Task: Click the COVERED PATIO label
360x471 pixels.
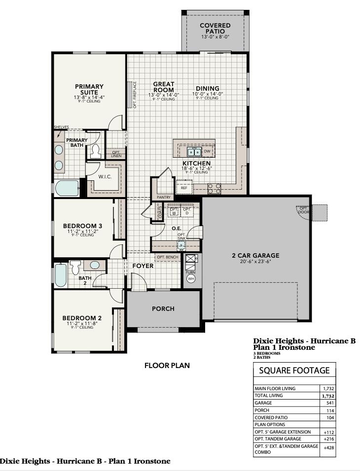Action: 215,28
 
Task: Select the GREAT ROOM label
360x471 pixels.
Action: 163,87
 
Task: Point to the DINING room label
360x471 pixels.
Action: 208,89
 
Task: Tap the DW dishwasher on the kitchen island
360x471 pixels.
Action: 207,151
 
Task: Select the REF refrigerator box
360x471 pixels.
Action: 184,188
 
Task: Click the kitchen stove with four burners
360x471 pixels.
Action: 214,188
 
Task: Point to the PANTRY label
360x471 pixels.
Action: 163,197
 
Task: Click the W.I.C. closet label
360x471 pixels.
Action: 104,176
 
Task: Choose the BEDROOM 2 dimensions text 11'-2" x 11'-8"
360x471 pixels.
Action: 82,323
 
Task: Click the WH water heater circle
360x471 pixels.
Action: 191,279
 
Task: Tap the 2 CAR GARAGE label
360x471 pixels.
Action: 255,255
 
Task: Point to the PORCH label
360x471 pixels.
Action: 163,309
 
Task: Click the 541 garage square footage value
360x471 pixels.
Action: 330,403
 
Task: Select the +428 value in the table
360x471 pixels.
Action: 328,447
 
